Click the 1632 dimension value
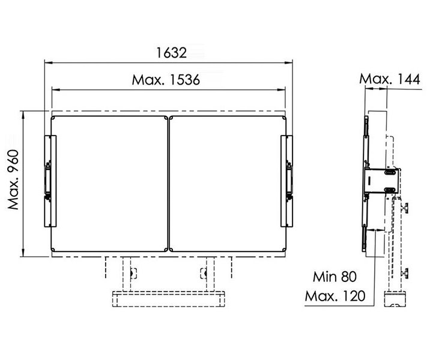click(x=172, y=53)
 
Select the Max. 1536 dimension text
click(x=166, y=80)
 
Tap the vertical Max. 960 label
click(x=13, y=179)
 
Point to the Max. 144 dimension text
click(x=389, y=79)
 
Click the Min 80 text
click(x=335, y=277)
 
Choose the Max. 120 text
click(x=335, y=296)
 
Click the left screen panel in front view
click(x=109, y=184)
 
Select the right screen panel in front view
click(x=228, y=184)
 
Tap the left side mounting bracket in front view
click(x=50, y=181)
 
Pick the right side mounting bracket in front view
click(x=287, y=181)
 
